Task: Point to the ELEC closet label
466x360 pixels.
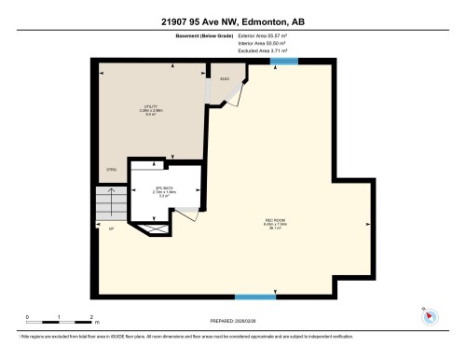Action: (225, 78)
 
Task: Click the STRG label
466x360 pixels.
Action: (110, 169)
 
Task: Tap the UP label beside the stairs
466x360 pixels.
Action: (111, 228)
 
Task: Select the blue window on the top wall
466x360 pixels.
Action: (283, 62)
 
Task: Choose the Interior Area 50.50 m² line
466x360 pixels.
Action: (263, 44)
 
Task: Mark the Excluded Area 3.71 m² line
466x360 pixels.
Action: (263, 50)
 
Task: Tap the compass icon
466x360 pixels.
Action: (430, 316)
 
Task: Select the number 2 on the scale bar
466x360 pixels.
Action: (90, 317)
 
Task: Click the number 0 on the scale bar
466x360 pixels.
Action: (28, 317)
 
